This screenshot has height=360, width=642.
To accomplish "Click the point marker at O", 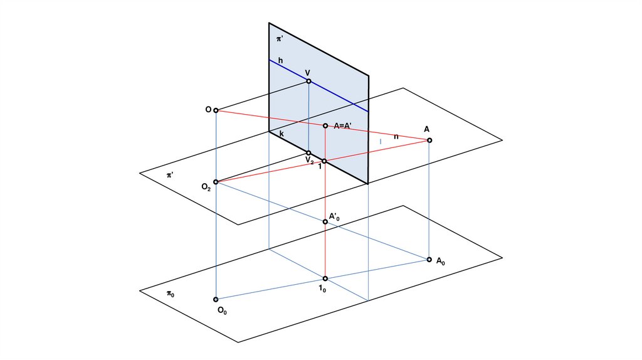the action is point(216,111).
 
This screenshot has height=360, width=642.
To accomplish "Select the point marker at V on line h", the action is point(308,81).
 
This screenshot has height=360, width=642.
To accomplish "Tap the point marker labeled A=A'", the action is point(325,126).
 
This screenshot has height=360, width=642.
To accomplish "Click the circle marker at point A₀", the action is point(429,259).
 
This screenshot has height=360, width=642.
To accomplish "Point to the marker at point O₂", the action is point(216,183).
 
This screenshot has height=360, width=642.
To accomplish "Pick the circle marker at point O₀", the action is point(216,300).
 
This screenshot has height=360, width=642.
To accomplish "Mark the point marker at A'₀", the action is point(325,221).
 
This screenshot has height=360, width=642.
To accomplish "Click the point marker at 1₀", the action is point(325,278).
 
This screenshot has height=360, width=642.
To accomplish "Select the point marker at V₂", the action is point(308,152).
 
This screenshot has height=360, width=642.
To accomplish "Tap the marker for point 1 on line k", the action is point(324,161).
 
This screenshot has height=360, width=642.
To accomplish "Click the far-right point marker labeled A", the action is point(429,140).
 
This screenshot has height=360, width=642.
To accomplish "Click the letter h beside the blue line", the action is point(280,60).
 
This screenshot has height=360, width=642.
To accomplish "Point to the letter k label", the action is point(282,135).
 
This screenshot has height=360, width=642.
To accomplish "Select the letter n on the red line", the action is point(396,136).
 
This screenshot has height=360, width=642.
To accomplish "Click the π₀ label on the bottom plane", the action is point(171,293).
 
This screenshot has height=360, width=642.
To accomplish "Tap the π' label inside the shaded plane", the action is point(280,39).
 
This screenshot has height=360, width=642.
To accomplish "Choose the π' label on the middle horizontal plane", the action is point(170,175).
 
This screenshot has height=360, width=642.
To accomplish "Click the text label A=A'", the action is point(346,125).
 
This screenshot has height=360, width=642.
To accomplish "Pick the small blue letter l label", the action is point(380,142).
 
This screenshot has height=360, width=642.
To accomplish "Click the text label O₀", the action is point(222,310).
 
